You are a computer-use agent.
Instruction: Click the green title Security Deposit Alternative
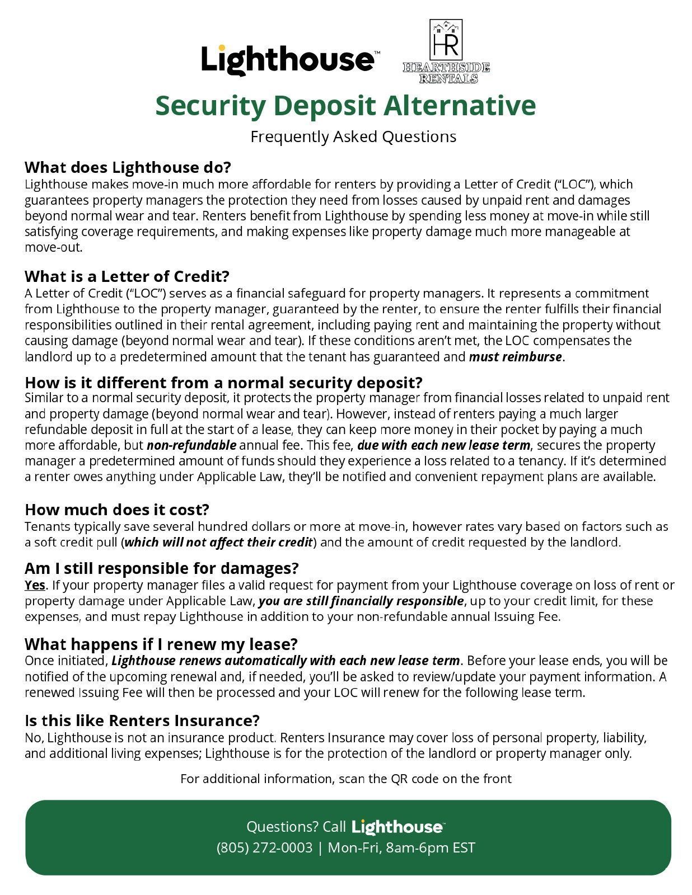pos(345,106)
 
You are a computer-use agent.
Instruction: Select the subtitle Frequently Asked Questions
pos(353,136)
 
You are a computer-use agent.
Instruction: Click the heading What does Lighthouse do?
pos(128,167)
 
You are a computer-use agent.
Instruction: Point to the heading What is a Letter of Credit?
pos(127,276)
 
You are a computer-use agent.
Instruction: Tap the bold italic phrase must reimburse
pos(515,357)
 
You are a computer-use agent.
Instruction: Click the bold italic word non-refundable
pos(191,445)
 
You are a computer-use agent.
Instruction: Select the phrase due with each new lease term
pos(443,445)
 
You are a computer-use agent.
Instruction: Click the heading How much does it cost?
pos(117,510)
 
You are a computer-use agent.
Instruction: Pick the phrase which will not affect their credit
pos(218,542)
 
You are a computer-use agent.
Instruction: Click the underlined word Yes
pos(35,585)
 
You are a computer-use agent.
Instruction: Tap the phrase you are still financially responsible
pos(361,601)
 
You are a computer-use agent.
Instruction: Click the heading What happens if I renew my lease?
pos(161,644)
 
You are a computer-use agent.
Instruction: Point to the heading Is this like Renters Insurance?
pos(142,720)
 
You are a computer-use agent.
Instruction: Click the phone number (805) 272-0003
pos(264,847)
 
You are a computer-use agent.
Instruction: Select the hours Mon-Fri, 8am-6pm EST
pos(401,847)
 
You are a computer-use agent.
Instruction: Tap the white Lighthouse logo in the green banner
pos(398,827)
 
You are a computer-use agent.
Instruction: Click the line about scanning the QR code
pos(345,779)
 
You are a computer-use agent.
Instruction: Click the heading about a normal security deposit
pos(223,383)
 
